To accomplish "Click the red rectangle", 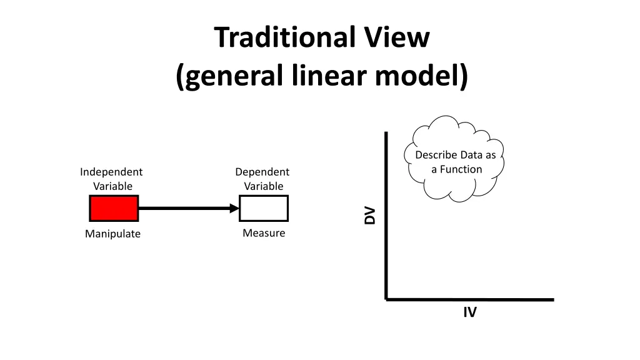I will point(114,208).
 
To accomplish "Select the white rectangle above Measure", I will point(264,208).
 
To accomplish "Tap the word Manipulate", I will point(113,234).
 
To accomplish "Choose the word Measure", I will point(264,233).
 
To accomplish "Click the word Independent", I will point(111,172).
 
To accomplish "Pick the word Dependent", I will point(262,172).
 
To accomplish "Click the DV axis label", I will point(371,215).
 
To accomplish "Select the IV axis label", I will point(470,312).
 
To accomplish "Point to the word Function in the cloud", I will point(461,169).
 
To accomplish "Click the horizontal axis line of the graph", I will point(469,299).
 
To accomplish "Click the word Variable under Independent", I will point(113,186).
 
